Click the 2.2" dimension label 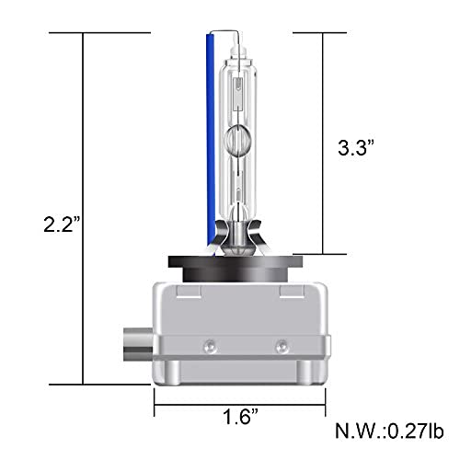(x=62, y=224)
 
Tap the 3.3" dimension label (x=356, y=147)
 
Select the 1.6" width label (x=241, y=417)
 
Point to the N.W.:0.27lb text (x=389, y=431)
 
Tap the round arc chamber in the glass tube (x=236, y=141)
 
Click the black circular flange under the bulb (x=236, y=268)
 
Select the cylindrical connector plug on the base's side (x=138, y=345)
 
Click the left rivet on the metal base (x=210, y=346)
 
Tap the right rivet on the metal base (x=281, y=346)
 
